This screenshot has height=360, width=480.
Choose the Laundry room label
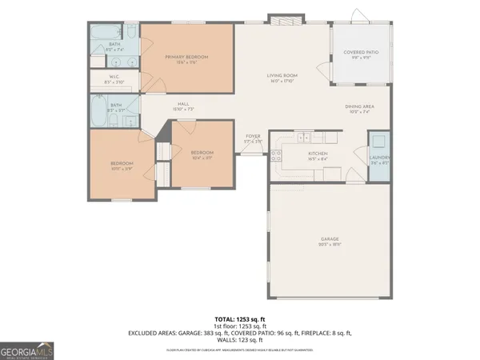click(380, 158)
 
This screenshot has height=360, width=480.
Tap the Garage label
click(330, 240)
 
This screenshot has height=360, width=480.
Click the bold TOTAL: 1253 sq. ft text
click(240, 318)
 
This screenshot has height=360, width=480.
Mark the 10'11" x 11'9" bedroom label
click(122, 165)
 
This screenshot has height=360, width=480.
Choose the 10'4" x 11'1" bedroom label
click(202, 154)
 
